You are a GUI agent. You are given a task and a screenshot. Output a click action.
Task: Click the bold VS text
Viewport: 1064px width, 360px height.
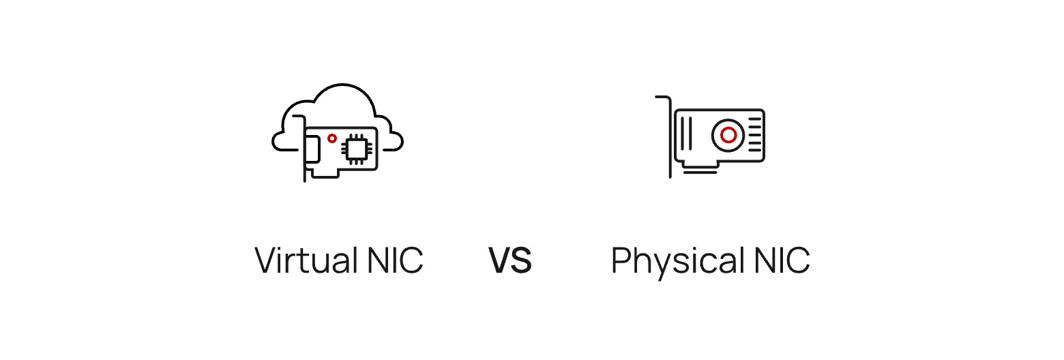[510, 260]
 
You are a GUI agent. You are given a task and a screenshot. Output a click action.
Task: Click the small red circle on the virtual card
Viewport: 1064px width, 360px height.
[332, 138]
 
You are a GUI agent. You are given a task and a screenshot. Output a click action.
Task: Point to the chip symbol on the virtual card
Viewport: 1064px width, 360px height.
[355, 148]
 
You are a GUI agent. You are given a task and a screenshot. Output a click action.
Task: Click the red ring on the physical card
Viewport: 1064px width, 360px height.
[728, 134]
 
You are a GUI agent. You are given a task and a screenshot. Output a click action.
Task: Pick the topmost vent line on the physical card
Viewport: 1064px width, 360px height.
[754, 119]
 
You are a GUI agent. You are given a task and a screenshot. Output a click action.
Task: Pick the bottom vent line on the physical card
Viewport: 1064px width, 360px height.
[754, 150]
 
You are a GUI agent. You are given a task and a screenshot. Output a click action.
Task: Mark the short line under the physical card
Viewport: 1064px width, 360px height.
[700, 172]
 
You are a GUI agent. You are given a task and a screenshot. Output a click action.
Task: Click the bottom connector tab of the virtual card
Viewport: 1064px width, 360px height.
[325, 175]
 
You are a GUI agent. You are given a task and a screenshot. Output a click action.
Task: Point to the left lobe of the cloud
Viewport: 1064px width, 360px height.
[281, 141]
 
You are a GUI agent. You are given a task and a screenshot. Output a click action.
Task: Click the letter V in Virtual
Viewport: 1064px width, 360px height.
[265, 260]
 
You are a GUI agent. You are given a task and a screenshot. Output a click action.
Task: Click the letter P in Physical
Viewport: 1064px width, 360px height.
[621, 260]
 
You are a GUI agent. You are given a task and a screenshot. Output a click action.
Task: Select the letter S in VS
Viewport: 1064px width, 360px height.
[521, 260]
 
